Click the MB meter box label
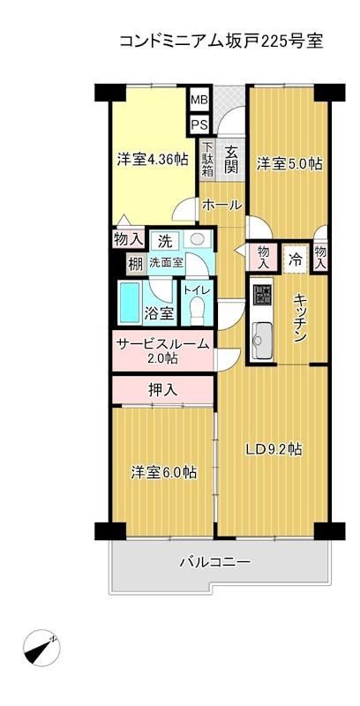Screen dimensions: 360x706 click(199, 100)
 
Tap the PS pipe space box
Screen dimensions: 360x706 click(199, 124)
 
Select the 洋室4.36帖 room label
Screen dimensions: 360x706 click(153, 161)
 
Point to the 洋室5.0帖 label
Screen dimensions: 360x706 click(289, 163)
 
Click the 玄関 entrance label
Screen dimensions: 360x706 click(231, 160)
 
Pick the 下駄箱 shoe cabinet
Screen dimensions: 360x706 click(207, 159)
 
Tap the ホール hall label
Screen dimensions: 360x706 click(221, 206)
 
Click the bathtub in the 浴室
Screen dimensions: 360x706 click(130, 302)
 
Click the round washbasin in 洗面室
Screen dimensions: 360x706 click(197, 239)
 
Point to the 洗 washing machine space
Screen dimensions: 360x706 click(164, 241)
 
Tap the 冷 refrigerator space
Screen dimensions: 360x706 click(296, 259)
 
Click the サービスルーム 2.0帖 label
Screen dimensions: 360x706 click(163, 350)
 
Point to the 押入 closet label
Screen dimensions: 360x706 click(163, 390)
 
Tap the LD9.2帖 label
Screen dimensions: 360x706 click(274, 449)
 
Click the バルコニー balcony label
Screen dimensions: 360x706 click(215, 562)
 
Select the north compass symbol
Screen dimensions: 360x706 click(41, 648)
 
